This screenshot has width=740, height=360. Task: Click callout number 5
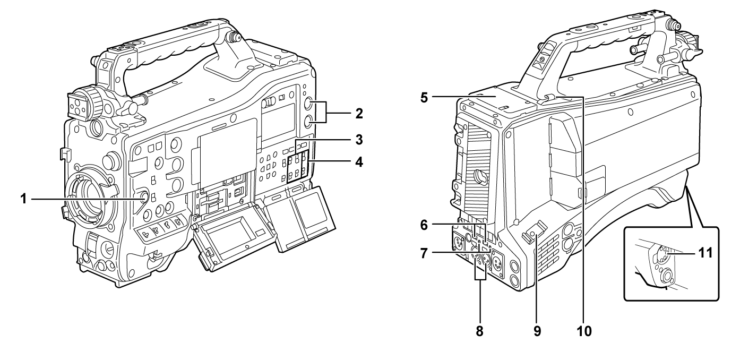[424, 98]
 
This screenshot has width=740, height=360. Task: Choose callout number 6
[424, 225]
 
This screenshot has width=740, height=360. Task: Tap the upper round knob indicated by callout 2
[312, 105]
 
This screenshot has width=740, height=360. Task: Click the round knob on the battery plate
[479, 175]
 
